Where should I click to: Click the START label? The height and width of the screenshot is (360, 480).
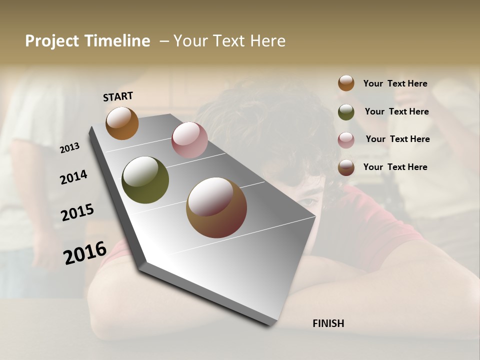coord(118,96)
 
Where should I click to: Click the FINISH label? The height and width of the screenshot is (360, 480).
coord(328,323)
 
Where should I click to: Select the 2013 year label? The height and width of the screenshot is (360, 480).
coord(69,147)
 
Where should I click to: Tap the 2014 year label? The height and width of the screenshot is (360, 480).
coord(73,177)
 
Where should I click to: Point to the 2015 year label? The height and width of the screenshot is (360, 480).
coord(77,212)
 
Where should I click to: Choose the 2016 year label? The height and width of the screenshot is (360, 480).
coord(85,252)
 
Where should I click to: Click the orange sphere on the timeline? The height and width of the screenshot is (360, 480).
coord(122,123)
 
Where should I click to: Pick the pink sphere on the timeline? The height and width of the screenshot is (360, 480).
coord(189,140)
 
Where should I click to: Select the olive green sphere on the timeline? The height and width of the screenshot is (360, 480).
coord(145,180)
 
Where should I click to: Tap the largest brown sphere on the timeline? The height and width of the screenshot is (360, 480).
coord(216,207)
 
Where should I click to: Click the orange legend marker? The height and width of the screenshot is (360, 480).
coord(346,83)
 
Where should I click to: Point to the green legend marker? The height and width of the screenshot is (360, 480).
coord(346,112)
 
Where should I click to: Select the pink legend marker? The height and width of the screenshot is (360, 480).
coord(346,140)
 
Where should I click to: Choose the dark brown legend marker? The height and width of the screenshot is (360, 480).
coord(346,167)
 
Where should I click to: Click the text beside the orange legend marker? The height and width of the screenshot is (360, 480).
coord(395,83)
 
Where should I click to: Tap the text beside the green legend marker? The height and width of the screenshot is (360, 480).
coord(396,111)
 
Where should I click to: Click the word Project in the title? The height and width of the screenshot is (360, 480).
coord(52,41)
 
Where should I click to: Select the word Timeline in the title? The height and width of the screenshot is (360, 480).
coord(116,41)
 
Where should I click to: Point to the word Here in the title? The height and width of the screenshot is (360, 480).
coord(267,41)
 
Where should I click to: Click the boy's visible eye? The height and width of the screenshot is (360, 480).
coord(308,201)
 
